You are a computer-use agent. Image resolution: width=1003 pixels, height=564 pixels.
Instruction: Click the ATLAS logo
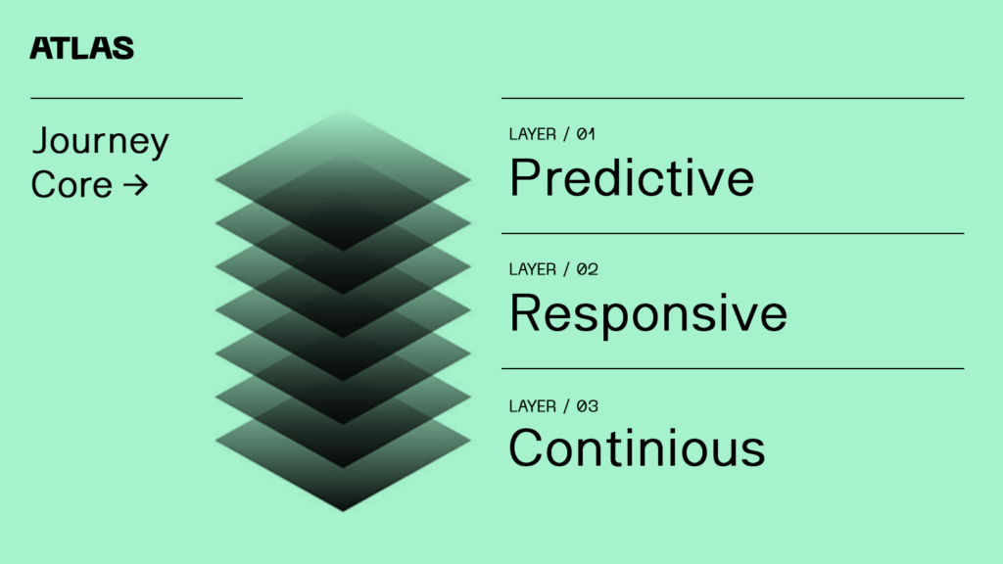82,48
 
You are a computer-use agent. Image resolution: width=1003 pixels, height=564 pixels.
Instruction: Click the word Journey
101,141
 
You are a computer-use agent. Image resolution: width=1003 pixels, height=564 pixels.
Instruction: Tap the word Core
72,185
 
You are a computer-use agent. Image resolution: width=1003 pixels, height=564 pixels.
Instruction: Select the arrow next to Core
135,185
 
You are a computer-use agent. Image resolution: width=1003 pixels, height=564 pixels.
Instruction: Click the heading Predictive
632,177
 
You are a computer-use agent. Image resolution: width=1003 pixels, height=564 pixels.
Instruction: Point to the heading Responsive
648,314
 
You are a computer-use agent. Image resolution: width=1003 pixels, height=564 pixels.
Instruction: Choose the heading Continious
637,447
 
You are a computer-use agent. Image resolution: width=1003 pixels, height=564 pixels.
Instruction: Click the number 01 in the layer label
586,134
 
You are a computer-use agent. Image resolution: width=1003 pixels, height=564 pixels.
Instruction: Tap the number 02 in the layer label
588,269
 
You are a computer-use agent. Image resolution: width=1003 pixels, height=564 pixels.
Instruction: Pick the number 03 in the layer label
588,406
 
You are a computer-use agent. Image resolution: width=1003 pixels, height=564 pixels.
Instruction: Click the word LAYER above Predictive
532,134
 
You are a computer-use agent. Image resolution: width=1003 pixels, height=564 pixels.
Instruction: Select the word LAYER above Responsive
532,269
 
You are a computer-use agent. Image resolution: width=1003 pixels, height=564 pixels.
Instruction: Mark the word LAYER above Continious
532,406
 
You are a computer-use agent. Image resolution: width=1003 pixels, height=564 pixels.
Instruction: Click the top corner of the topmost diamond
344,112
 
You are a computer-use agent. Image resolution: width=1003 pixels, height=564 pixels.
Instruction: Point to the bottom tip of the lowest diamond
343,511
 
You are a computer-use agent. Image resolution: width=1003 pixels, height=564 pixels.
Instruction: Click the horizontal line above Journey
136,99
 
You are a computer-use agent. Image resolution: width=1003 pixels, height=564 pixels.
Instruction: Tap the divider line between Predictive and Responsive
733,233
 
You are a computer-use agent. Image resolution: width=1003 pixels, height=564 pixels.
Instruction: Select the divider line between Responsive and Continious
733,368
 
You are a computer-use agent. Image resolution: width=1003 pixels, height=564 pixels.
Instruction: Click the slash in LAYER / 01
566,134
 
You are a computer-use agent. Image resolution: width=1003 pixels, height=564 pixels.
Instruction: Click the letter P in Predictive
525,177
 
